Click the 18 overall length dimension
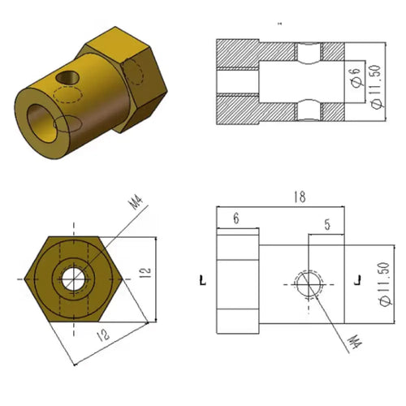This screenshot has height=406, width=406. (x=300, y=197)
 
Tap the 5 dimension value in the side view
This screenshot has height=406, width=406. (x=327, y=225)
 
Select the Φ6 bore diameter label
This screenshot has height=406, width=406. (x=356, y=77)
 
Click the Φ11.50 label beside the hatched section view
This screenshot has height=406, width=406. (x=377, y=87)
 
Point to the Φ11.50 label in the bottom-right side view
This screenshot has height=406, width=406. (x=386, y=284)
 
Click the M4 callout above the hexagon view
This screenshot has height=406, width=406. (x=136, y=203)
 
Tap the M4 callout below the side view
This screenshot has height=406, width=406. (x=355, y=342)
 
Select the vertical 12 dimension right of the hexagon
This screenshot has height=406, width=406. (x=146, y=273)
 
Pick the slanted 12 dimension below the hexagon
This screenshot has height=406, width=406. (x=103, y=335)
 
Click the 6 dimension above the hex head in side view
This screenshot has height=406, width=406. (x=236, y=218)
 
